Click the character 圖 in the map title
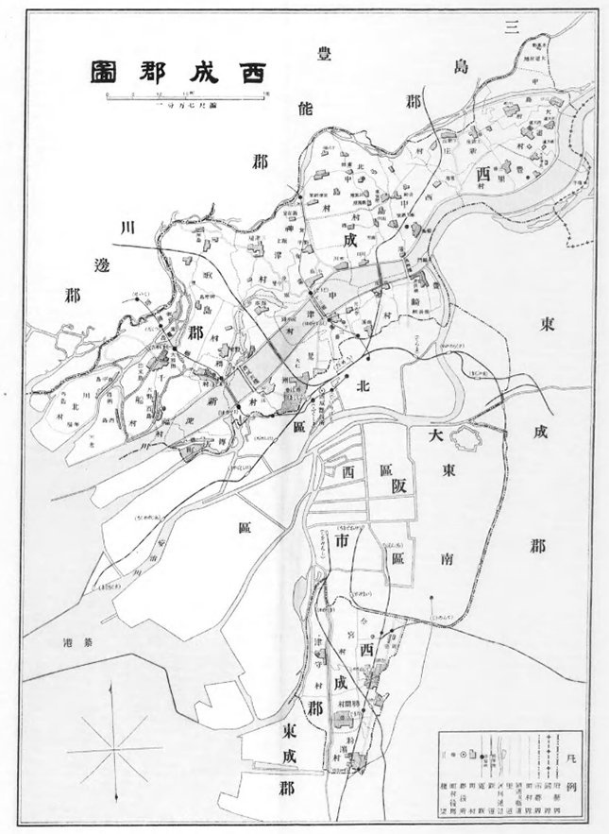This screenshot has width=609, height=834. (x=105, y=72)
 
